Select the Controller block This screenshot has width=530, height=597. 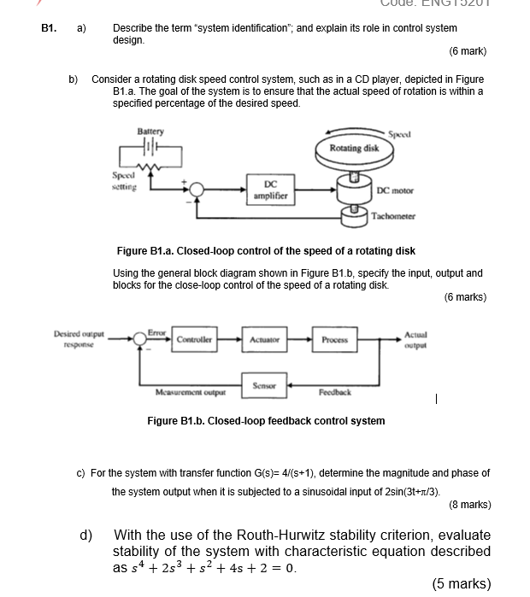(194, 339)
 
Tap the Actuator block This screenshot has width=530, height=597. (264, 339)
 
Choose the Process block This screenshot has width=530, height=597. (334, 339)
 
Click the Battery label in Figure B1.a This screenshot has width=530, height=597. (150, 132)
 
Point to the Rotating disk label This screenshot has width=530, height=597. (354, 149)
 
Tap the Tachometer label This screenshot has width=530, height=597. (393, 216)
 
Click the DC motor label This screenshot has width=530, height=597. (395, 190)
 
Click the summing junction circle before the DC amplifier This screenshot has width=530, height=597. (197, 189)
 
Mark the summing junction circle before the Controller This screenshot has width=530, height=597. (138, 339)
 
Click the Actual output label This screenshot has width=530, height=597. (415, 340)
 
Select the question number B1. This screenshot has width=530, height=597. (50, 28)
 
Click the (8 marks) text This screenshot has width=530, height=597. (469, 504)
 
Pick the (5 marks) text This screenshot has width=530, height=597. (461, 583)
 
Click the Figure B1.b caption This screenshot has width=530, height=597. (266, 420)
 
